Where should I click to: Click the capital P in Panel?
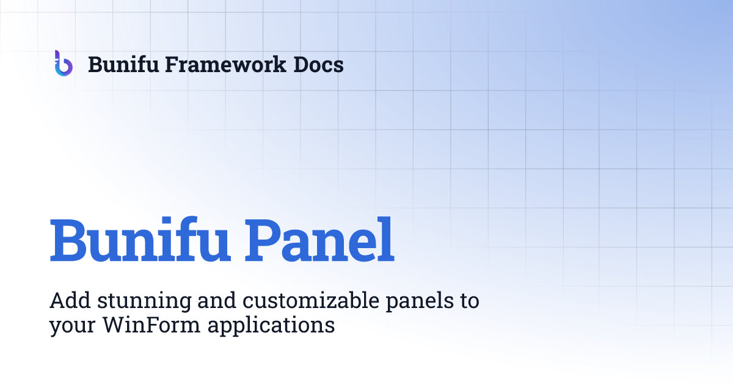263,240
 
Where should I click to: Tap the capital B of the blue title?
69,240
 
